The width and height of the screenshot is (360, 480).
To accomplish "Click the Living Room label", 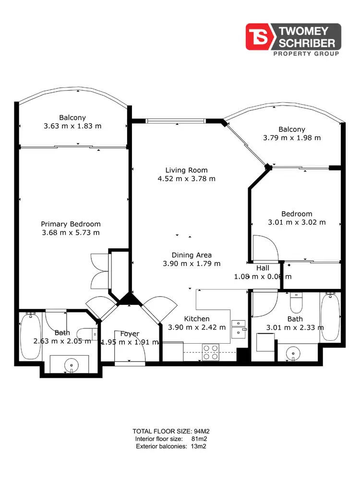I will (x=186, y=170).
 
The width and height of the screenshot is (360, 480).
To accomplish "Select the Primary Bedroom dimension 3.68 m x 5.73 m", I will (x=71, y=233).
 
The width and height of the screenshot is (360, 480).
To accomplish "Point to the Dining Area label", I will (x=192, y=255).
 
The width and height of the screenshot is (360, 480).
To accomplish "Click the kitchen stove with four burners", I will (x=211, y=352).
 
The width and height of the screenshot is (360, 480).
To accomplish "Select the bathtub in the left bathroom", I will (x=30, y=336).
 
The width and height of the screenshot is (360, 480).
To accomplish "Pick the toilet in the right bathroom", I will (x=296, y=303).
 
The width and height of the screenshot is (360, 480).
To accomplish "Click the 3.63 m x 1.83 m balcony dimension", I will (x=72, y=126).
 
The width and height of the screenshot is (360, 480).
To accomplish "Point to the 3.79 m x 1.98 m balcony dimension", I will (x=292, y=138).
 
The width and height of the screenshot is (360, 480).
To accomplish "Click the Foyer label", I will (x=130, y=334).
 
